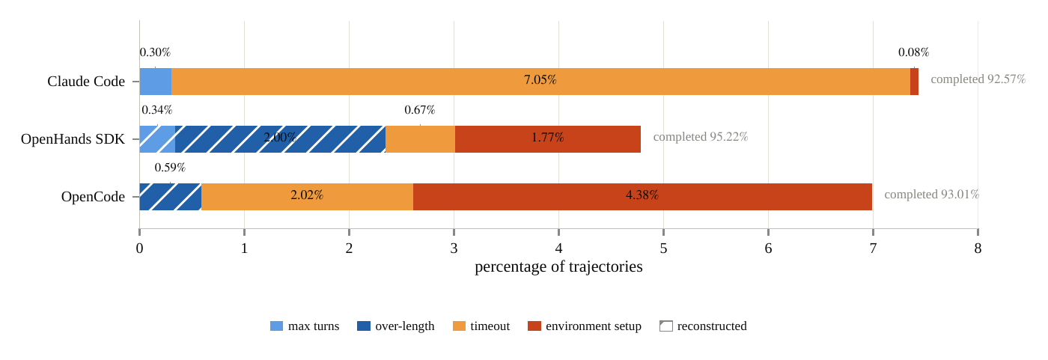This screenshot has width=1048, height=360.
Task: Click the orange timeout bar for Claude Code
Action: click(540, 82)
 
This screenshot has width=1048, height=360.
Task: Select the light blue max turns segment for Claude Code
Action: click(156, 82)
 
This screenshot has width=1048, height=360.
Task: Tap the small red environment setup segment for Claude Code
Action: click(914, 82)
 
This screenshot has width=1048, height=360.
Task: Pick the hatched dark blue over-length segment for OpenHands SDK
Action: click(280, 139)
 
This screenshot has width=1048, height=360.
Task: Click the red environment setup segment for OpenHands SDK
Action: click(548, 139)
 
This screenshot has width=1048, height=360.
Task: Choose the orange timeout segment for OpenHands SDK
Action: click(420, 139)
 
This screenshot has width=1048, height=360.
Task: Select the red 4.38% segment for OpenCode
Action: click(642, 197)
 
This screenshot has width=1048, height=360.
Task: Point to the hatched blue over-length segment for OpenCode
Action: click(171, 197)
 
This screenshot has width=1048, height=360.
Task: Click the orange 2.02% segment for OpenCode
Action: click(308, 197)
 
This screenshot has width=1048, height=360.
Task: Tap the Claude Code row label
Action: click(86, 82)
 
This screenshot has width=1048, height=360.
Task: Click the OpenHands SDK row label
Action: click(73, 139)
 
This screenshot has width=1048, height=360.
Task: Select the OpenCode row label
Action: click(93, 197)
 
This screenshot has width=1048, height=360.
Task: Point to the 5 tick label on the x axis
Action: click(663, 248)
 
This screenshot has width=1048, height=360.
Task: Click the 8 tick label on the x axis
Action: click(978, 248)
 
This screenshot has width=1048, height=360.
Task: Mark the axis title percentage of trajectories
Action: click(558, 266)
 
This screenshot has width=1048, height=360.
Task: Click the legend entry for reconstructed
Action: click(703, 326)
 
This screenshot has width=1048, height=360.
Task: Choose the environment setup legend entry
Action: click(585, 326)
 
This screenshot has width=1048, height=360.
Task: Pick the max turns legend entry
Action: click(305, 326)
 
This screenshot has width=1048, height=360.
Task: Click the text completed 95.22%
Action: click(701, 136)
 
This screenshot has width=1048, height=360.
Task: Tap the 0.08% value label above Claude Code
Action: click(914, 52)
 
